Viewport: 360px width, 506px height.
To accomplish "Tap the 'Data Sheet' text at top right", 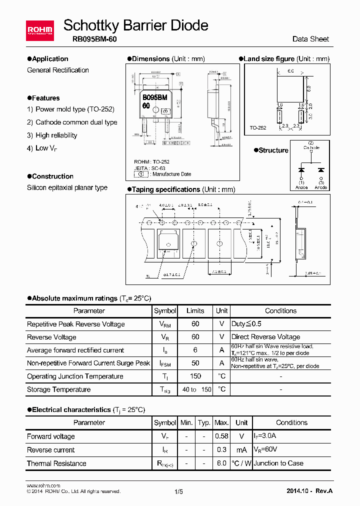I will pos(310,39).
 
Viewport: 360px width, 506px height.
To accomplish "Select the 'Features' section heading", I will pos(45,98).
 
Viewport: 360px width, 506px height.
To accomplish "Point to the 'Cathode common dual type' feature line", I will pos(76,122).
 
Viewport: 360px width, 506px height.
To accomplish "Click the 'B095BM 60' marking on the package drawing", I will pos(154,101).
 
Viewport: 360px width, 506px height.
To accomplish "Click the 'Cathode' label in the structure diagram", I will pos(310,147).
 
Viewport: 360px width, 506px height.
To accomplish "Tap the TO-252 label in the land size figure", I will pos(258,128).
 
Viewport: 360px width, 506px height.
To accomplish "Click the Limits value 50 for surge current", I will pos(195,363).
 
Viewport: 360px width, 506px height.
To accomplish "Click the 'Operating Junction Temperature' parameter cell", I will pos(75,376).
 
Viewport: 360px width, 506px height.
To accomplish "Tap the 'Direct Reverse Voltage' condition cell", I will pos(265,337).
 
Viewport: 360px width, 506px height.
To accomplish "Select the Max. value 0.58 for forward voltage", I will pos(221,436).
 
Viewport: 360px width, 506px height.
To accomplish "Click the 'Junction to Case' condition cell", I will pos(278,463).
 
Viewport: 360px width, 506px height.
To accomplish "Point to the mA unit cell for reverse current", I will pos(241,450).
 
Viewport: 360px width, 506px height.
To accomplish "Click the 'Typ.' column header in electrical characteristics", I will pos(204,422).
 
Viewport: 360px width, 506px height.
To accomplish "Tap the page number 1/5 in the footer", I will pos(179,491).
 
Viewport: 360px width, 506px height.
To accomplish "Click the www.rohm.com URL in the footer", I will pos(43,485).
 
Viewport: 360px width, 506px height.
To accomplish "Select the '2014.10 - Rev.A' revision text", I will pos(309,491).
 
